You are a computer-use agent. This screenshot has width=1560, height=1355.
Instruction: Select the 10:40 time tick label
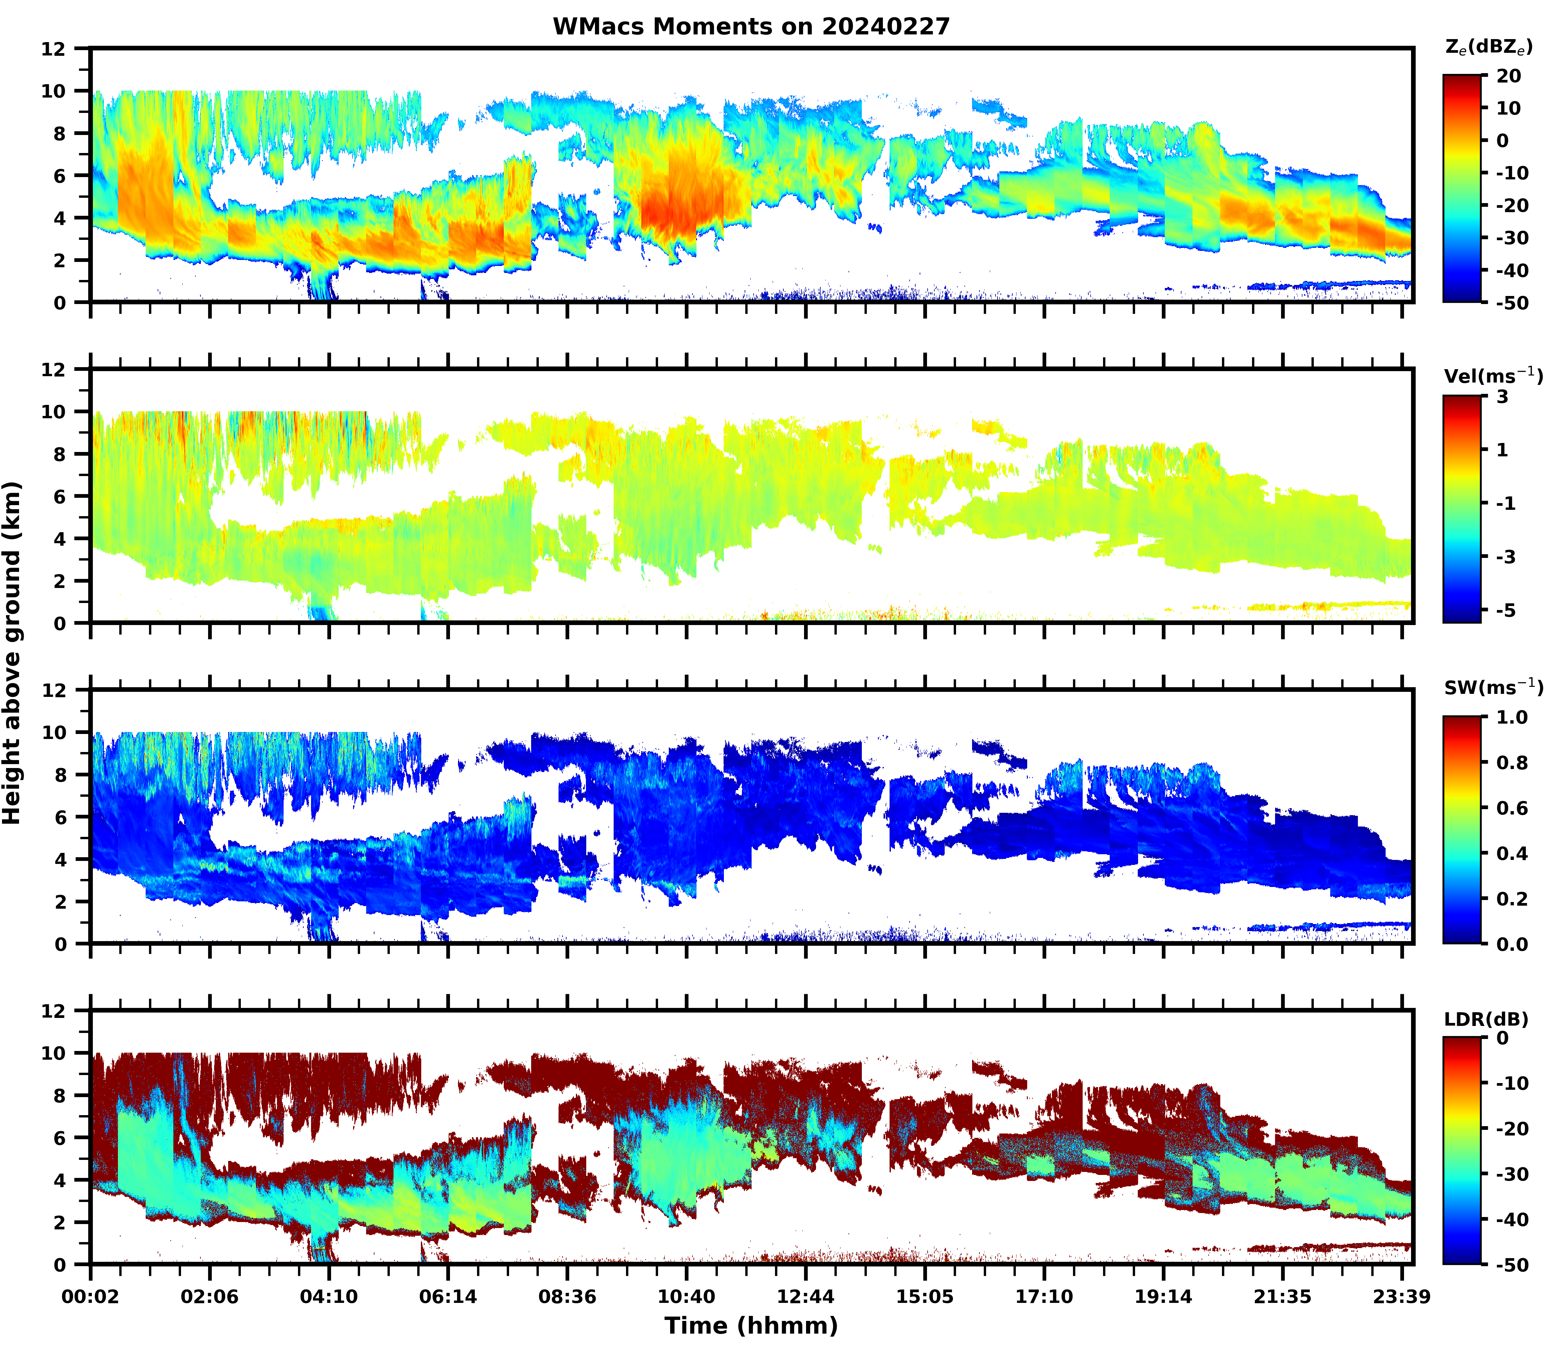coord(686,1297)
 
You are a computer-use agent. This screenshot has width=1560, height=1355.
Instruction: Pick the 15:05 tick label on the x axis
coord(924,1297)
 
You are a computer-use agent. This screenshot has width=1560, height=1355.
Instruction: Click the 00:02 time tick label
coord(91,1297)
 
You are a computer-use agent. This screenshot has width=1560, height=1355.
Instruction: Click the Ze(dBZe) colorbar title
coord(1488,48)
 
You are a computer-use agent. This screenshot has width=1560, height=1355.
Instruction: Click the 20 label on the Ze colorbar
coord(1508,77)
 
